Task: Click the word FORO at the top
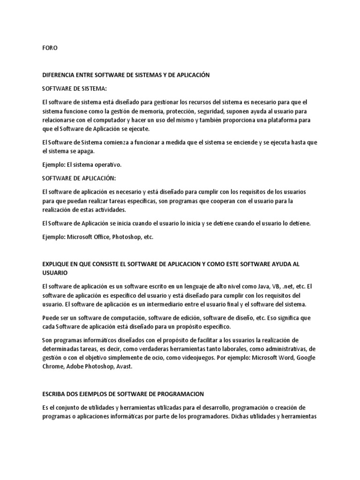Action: point(49,48)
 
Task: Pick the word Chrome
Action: point(54,367)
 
